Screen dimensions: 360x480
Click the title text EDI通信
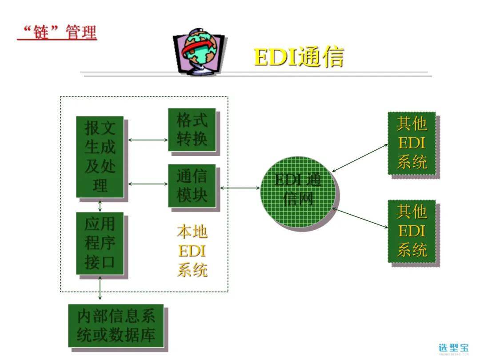(x=299, y=56)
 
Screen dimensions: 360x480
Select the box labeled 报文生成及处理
(x=100, y=157)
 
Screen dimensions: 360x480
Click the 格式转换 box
(x=192, y=130)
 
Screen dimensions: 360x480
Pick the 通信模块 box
(x=192, y=186)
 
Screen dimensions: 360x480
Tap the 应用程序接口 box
(x=100, y=243)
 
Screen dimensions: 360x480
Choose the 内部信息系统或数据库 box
(x=116, y=325)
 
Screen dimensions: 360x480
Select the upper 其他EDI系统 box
(x=412, y=143)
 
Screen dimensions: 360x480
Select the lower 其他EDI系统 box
(x=412, y=231)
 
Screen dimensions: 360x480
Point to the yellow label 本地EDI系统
(x=192, y=251)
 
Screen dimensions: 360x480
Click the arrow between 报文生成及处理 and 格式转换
(x=148, y=140)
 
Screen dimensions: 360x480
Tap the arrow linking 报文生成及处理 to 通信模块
(x=148, y=184)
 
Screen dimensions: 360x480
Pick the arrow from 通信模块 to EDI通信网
(x=240, y=188)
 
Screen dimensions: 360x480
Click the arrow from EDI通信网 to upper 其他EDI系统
(x=360, y=158)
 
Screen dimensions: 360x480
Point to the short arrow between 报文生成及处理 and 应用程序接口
(x=100, y=205)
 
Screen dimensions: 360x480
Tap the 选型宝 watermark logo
(x=453, y=348)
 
